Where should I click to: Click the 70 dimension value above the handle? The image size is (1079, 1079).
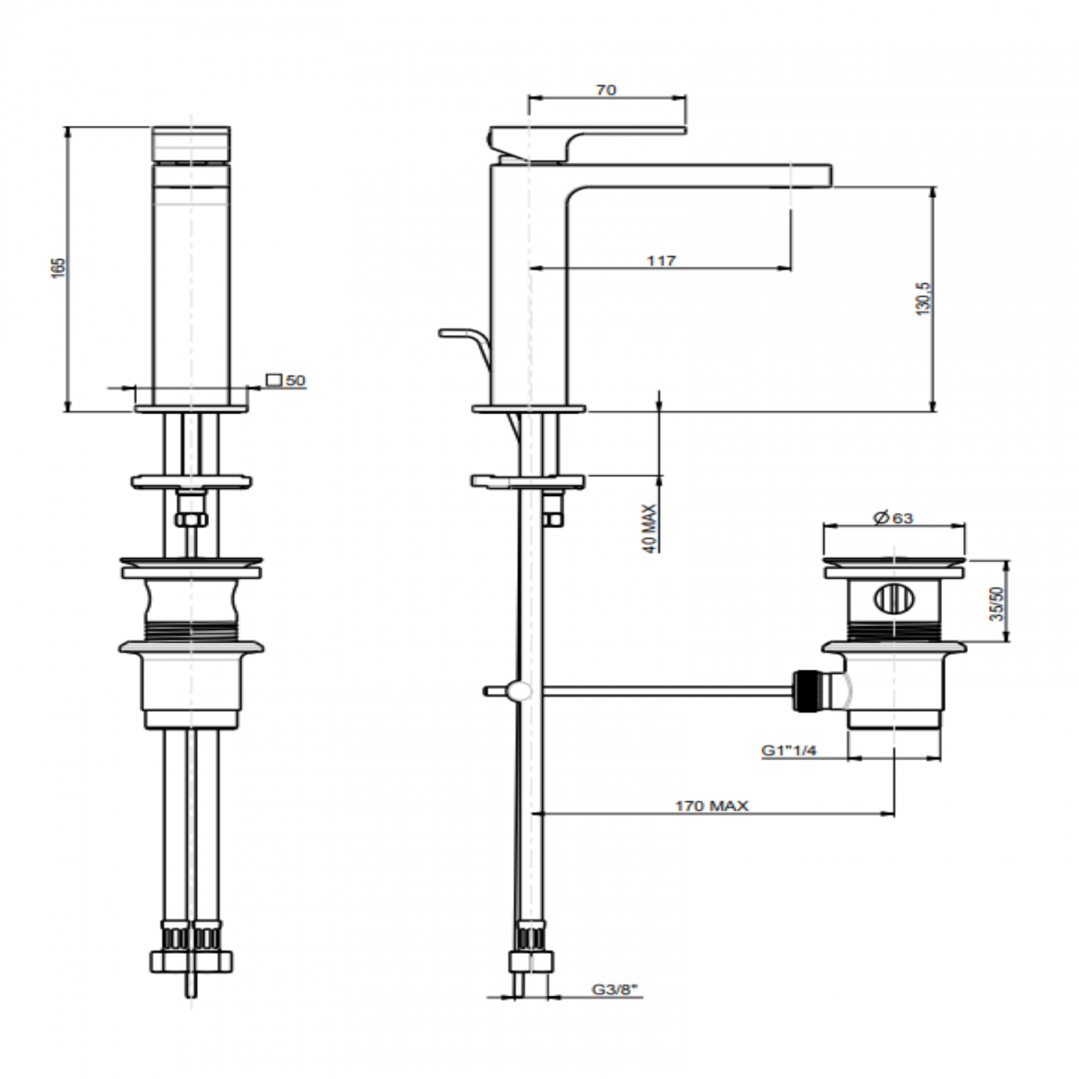coord(607,90)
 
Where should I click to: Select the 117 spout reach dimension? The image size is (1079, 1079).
coord(661,261)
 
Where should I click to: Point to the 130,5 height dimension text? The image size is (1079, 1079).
coord(926,297)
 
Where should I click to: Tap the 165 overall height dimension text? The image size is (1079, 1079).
coord(58,267)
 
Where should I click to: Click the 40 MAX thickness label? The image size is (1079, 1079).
coord(650,529)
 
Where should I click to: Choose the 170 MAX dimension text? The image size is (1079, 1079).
coord(711,805)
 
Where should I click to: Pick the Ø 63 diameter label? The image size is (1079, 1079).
coord(893,518)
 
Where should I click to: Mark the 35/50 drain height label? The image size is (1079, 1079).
coord(997,603)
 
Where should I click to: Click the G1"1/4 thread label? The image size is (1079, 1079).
coord(789,750)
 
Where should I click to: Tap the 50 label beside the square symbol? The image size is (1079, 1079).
coord(295,380)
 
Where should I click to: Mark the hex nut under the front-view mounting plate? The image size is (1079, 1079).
coord(192,520)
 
